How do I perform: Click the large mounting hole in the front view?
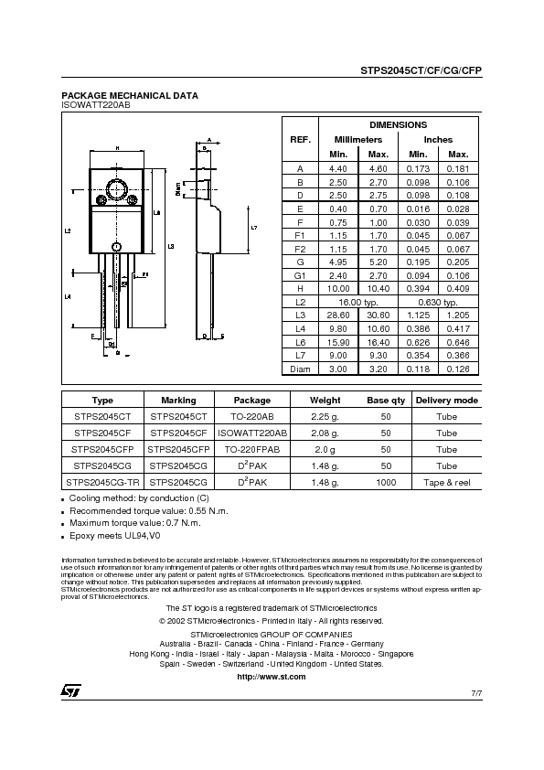117,190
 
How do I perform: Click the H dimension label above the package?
117,147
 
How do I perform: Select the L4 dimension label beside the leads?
69,297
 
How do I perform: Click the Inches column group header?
438,139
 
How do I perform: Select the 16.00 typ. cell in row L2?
358,300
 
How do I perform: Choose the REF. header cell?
300,139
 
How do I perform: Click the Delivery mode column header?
446,400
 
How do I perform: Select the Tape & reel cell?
446,481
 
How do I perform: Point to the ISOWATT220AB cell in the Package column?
252,432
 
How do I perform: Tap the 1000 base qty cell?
386,481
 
